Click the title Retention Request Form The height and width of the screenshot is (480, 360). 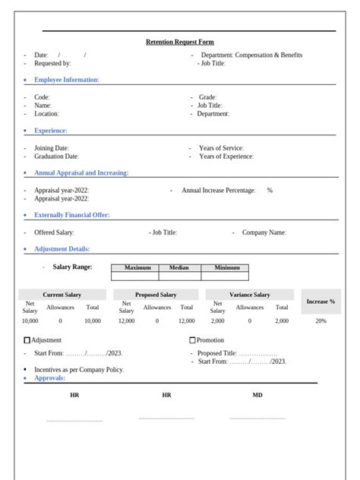pyautogui.click(x=180, y=43)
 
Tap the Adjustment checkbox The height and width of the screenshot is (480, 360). pyautogui.click(x=28, y=340)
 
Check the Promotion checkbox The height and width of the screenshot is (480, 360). pyautogui.click(x=192, y=340)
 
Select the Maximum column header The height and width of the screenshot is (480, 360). pyautogui.click(x=137, y=267)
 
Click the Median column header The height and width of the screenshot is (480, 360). pyautogui.click(x=179, y=267)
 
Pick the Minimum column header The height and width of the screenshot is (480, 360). pyautogui.click(x=226, y=267)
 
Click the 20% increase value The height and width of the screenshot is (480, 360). pyautogui.click(x=321, y=321)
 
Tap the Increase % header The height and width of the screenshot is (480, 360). pyautogui.click(x=321, y=302)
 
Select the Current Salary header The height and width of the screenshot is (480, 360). pyautogui.click(x=62, y=295)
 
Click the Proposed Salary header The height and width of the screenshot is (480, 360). pyautogui.click(x=156, y=295)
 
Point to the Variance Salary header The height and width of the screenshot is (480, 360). pyautogui.click(x=249, y=295)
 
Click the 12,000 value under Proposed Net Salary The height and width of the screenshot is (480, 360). pyautogui.click(x=126, y=321)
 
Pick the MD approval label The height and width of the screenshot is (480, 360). pyautogui.click(x=257, y=395)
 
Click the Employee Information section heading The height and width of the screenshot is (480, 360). pyautogui.click(x=67, y=80)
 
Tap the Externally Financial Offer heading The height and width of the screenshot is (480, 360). pyautogui.click(x=72, y=215)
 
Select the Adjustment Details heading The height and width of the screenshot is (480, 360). pyautogui.click(x=62, y=249)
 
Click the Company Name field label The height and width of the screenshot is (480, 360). pyautogui.click(x=264, y=232)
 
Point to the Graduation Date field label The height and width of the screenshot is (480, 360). pyautogui.click(x=56, y=156)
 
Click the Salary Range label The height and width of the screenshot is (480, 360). pyautogui.click(x=72, y=267)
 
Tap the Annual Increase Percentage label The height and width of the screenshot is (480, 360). pyautogui.click(x=219, y=191)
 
